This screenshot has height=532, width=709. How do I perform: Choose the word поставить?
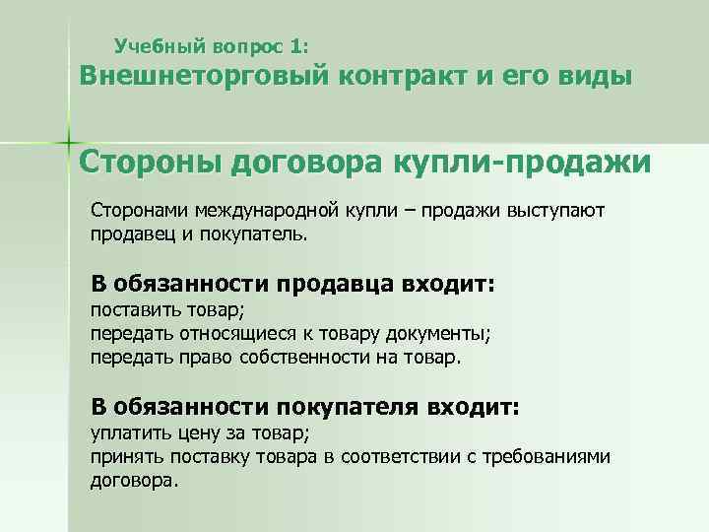[130, 311]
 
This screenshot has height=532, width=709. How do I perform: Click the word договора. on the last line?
[135, 481]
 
